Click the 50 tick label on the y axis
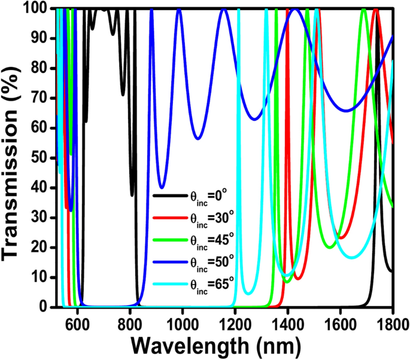pyautogui.click(x=40, y=158)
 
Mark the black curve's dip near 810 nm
pyautogui.click(x=132, y=195)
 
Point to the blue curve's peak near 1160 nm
pyautogui.click(x=224, y=9)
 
